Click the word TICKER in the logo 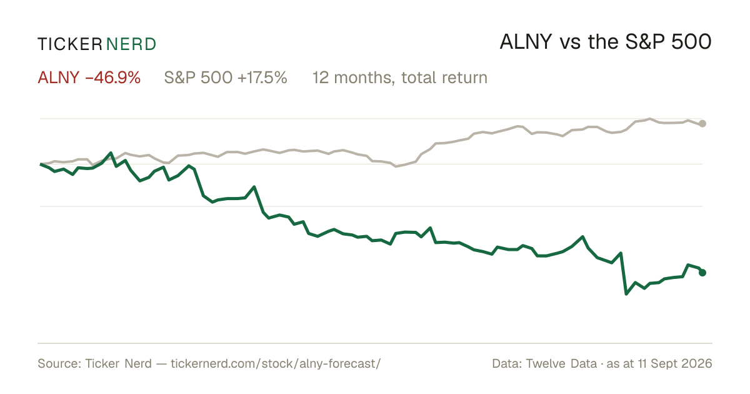(x=70, y=44)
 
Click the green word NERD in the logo (x=131, y=44)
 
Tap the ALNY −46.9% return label (x=89, y=78)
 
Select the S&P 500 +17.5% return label (x=226, y=78)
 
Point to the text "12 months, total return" (x=400, y=78)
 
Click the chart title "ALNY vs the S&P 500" (x=606, y=43)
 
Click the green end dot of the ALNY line (x=702, y=273)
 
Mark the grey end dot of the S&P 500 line (x=702, y=124)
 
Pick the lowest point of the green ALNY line (x=626, y=294)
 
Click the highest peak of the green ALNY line (x=111, y=153)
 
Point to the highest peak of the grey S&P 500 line (x=650, y=119)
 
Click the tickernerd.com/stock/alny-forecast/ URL (x=276, y=363)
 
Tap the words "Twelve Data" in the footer (x=561, y=363)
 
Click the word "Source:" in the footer (x=59, y=363)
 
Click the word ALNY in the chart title (x=526, y=43)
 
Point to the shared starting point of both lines (x=41, y=164)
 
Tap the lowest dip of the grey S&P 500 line (x=396, y=166)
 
